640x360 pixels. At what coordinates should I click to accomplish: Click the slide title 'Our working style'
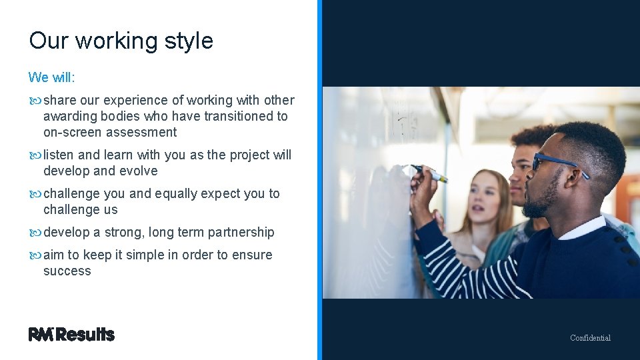(121, 41)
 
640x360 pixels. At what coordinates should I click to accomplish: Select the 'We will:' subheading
(52, 77)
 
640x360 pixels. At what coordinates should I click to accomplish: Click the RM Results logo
(71, 335)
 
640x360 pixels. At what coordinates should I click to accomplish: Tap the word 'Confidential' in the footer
(590, 338)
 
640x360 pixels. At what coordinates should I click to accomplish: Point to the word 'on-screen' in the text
(71, 133)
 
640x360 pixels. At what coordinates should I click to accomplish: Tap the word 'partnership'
(241, 233)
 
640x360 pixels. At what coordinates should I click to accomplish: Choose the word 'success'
(67, 271)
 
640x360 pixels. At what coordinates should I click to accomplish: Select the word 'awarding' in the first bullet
(69, 117)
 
